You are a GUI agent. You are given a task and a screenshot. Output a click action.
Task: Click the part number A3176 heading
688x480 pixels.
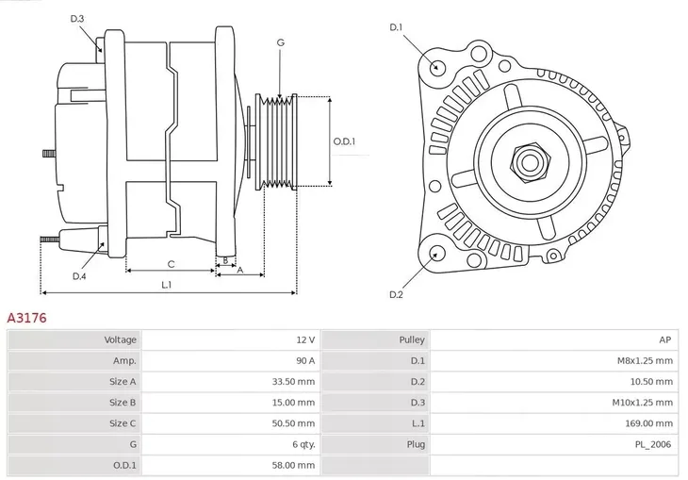click(x=27, y=319)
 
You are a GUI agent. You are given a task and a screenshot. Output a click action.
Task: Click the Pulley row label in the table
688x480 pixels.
click(x=377, y=339)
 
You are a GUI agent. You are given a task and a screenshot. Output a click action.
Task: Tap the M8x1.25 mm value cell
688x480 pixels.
click(x=556, y=360)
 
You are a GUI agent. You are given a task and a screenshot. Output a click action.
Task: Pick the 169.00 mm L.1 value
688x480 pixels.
click(x=556, y=423)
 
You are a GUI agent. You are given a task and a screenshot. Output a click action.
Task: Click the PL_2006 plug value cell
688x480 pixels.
click(x=556, y=444)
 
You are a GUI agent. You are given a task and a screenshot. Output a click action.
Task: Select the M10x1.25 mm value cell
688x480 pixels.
click(x=556, y=403)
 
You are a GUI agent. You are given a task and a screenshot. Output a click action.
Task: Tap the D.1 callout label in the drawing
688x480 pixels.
click(x=396, y=27)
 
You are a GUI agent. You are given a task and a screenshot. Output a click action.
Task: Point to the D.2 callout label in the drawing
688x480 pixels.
click(x=396, y=295)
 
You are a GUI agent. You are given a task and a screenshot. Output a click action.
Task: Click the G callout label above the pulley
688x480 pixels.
click(x=280, y=42)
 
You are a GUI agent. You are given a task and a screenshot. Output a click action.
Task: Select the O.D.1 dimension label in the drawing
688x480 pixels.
click(x=345, y=142)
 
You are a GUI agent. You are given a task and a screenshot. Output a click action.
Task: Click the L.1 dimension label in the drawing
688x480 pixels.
click(x=166, y=284)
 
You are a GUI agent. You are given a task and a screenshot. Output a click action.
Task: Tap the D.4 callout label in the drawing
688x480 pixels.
click(x=79, y=276)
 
